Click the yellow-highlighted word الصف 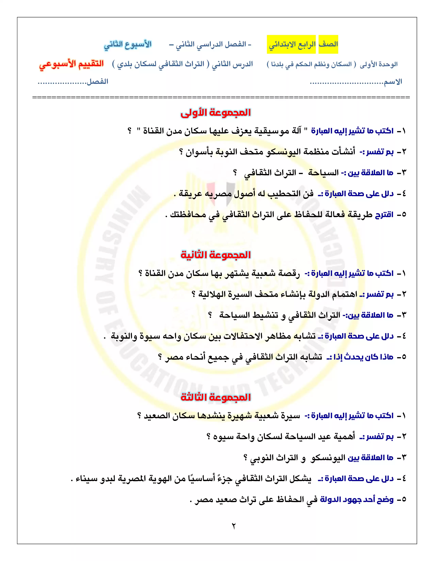pyautogui.click(x=328, y=44)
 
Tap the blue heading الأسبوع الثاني pyautogui.click(x=128, y=44)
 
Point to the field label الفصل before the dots pyautogui.click(x=98, y=82)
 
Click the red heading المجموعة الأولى pyautogui.click(x=215, y=113)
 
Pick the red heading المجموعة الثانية pyautogui.click(x=215, y=255)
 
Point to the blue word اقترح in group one pyautogui.click(x=384, y=215)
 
